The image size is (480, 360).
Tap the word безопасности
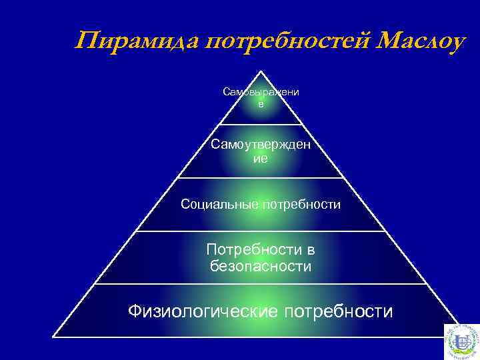pyautogui.click(x=261, y=267)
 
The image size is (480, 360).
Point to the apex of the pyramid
pyautogui.click(x=261, y=72)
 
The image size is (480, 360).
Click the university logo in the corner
pyautogui.click(x=461, y=341)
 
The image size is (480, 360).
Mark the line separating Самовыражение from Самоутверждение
pyautogui.click(x=261, y=124)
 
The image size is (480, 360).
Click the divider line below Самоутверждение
pyautogui.click(x=261, y=177)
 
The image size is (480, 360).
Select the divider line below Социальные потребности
pyautogui.click(x=261, y=231)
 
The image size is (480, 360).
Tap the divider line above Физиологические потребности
pyautogui.click(x=261, y=284)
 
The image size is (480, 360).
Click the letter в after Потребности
pyautogui.click(x=310, y=250)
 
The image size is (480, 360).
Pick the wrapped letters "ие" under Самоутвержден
pyautogui.click(x=261, y=159)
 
